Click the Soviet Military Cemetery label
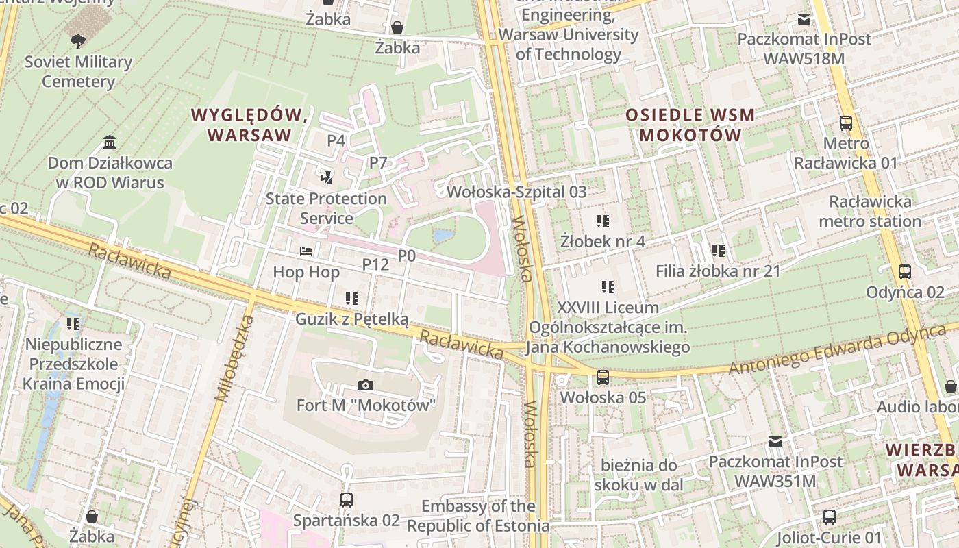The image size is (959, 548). pos(78,72)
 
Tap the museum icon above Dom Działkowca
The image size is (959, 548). pos(109,142)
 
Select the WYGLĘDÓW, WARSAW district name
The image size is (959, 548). pos(249,125)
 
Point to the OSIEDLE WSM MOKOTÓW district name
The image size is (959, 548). pos(690,125)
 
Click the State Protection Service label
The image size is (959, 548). pos(326,208)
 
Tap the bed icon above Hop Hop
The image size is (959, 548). pos(306,251)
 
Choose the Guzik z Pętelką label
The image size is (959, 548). pos(351,319)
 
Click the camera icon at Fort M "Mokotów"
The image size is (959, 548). pos(366,385)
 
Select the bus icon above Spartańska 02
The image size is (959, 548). pos(347,499)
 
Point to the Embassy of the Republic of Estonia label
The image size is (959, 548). pos(478,516)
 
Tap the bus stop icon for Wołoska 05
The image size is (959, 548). pos(603,377)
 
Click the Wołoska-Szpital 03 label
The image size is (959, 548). pos(516,192)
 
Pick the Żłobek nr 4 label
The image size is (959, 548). pos(603,241)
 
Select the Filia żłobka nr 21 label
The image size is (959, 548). pos(718,271)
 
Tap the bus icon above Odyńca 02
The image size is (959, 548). pos(905,272)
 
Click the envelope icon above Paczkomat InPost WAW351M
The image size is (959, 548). pos(775,441)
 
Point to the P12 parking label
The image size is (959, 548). pos(375,264)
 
